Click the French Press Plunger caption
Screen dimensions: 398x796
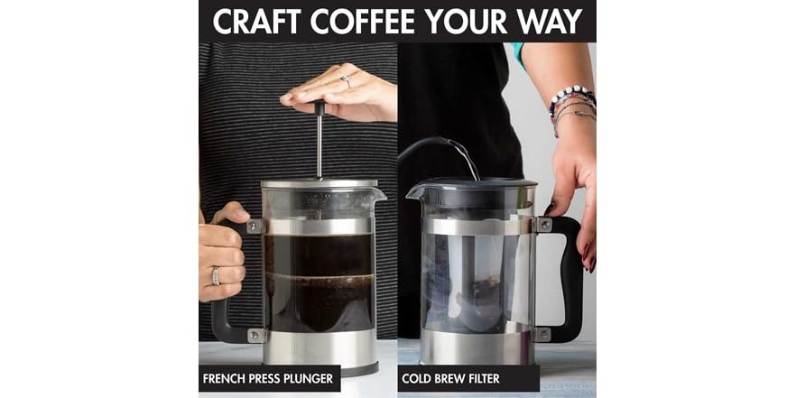coord(269,379)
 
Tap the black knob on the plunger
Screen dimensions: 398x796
coord(319,106)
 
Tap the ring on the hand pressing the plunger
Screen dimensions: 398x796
coord(346,80)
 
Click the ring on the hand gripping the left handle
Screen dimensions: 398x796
coord(216,275)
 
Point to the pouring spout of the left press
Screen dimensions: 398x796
coord(379,193)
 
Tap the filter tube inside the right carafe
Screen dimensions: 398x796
coord(469,271)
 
